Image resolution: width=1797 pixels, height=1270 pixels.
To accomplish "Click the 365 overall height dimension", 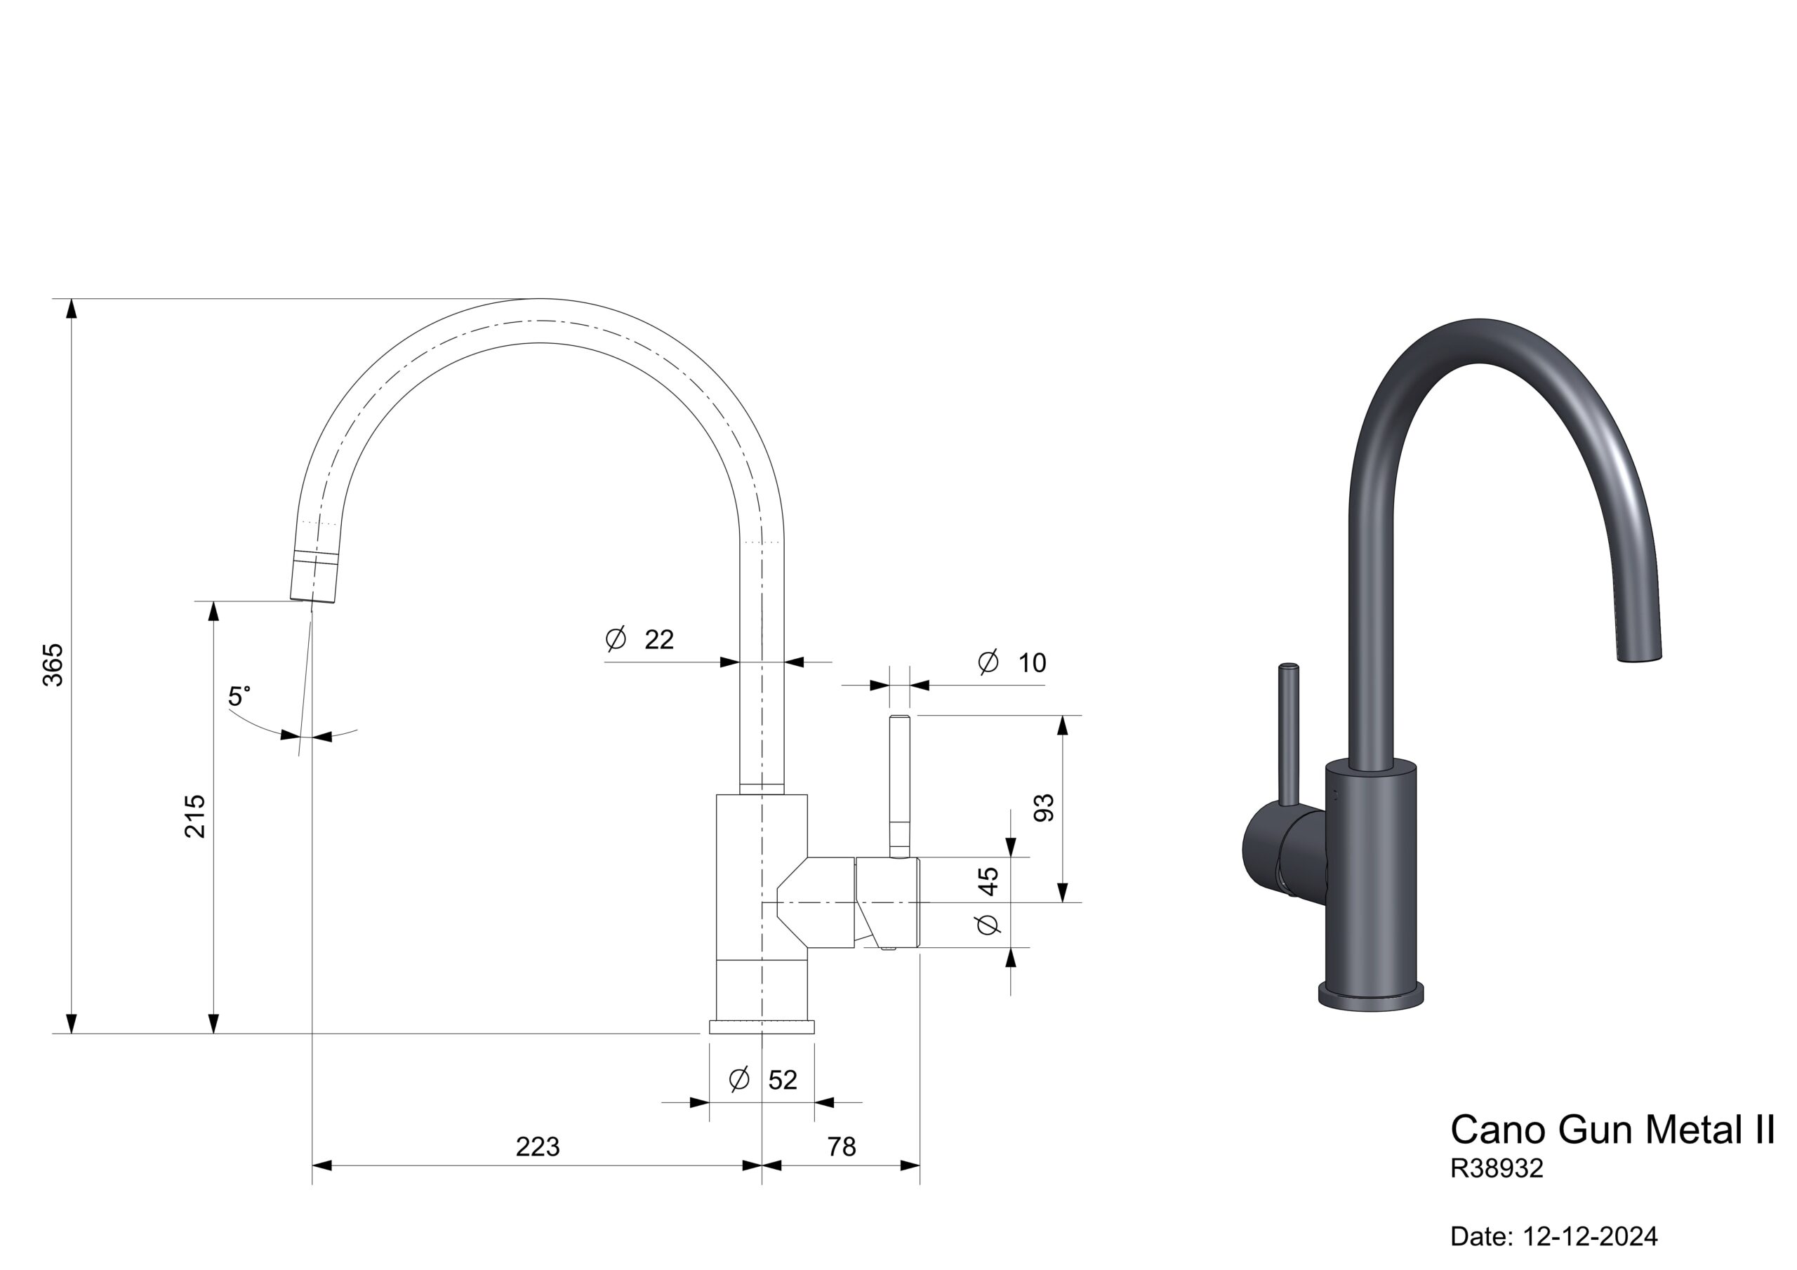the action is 53,664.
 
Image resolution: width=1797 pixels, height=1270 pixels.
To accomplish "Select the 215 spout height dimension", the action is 195,816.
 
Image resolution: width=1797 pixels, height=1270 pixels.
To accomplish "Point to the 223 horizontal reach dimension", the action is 538,1147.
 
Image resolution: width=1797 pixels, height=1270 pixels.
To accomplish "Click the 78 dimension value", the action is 842,1147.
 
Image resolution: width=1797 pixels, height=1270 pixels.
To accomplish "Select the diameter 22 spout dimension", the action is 639,639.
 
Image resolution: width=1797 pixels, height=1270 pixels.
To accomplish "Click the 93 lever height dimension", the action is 1044,808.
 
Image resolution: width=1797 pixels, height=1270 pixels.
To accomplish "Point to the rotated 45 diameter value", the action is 988,881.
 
